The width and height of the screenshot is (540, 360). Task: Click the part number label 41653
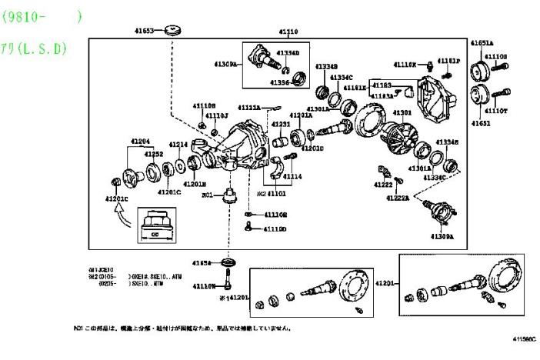pyautogui.click(x=144, y=32)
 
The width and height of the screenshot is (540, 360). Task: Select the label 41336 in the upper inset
pyautogui.click(x=280, y=82)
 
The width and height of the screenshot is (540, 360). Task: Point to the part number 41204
pyautogui.click(x=140, y=142)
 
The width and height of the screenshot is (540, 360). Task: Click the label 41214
pyautogui.click(x=178, y=145)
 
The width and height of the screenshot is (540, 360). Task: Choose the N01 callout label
pyautogui.click(x=207, y=196)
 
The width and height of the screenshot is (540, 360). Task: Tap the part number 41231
pyautogui.click(x=280, y=124)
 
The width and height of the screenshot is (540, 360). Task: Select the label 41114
pyautogui.click(x=292, y=176)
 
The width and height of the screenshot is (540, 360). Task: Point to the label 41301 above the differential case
pyautogui.click(x=402, y=112)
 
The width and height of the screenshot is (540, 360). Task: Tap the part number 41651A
pyautogui.click(x=482, y=43)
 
